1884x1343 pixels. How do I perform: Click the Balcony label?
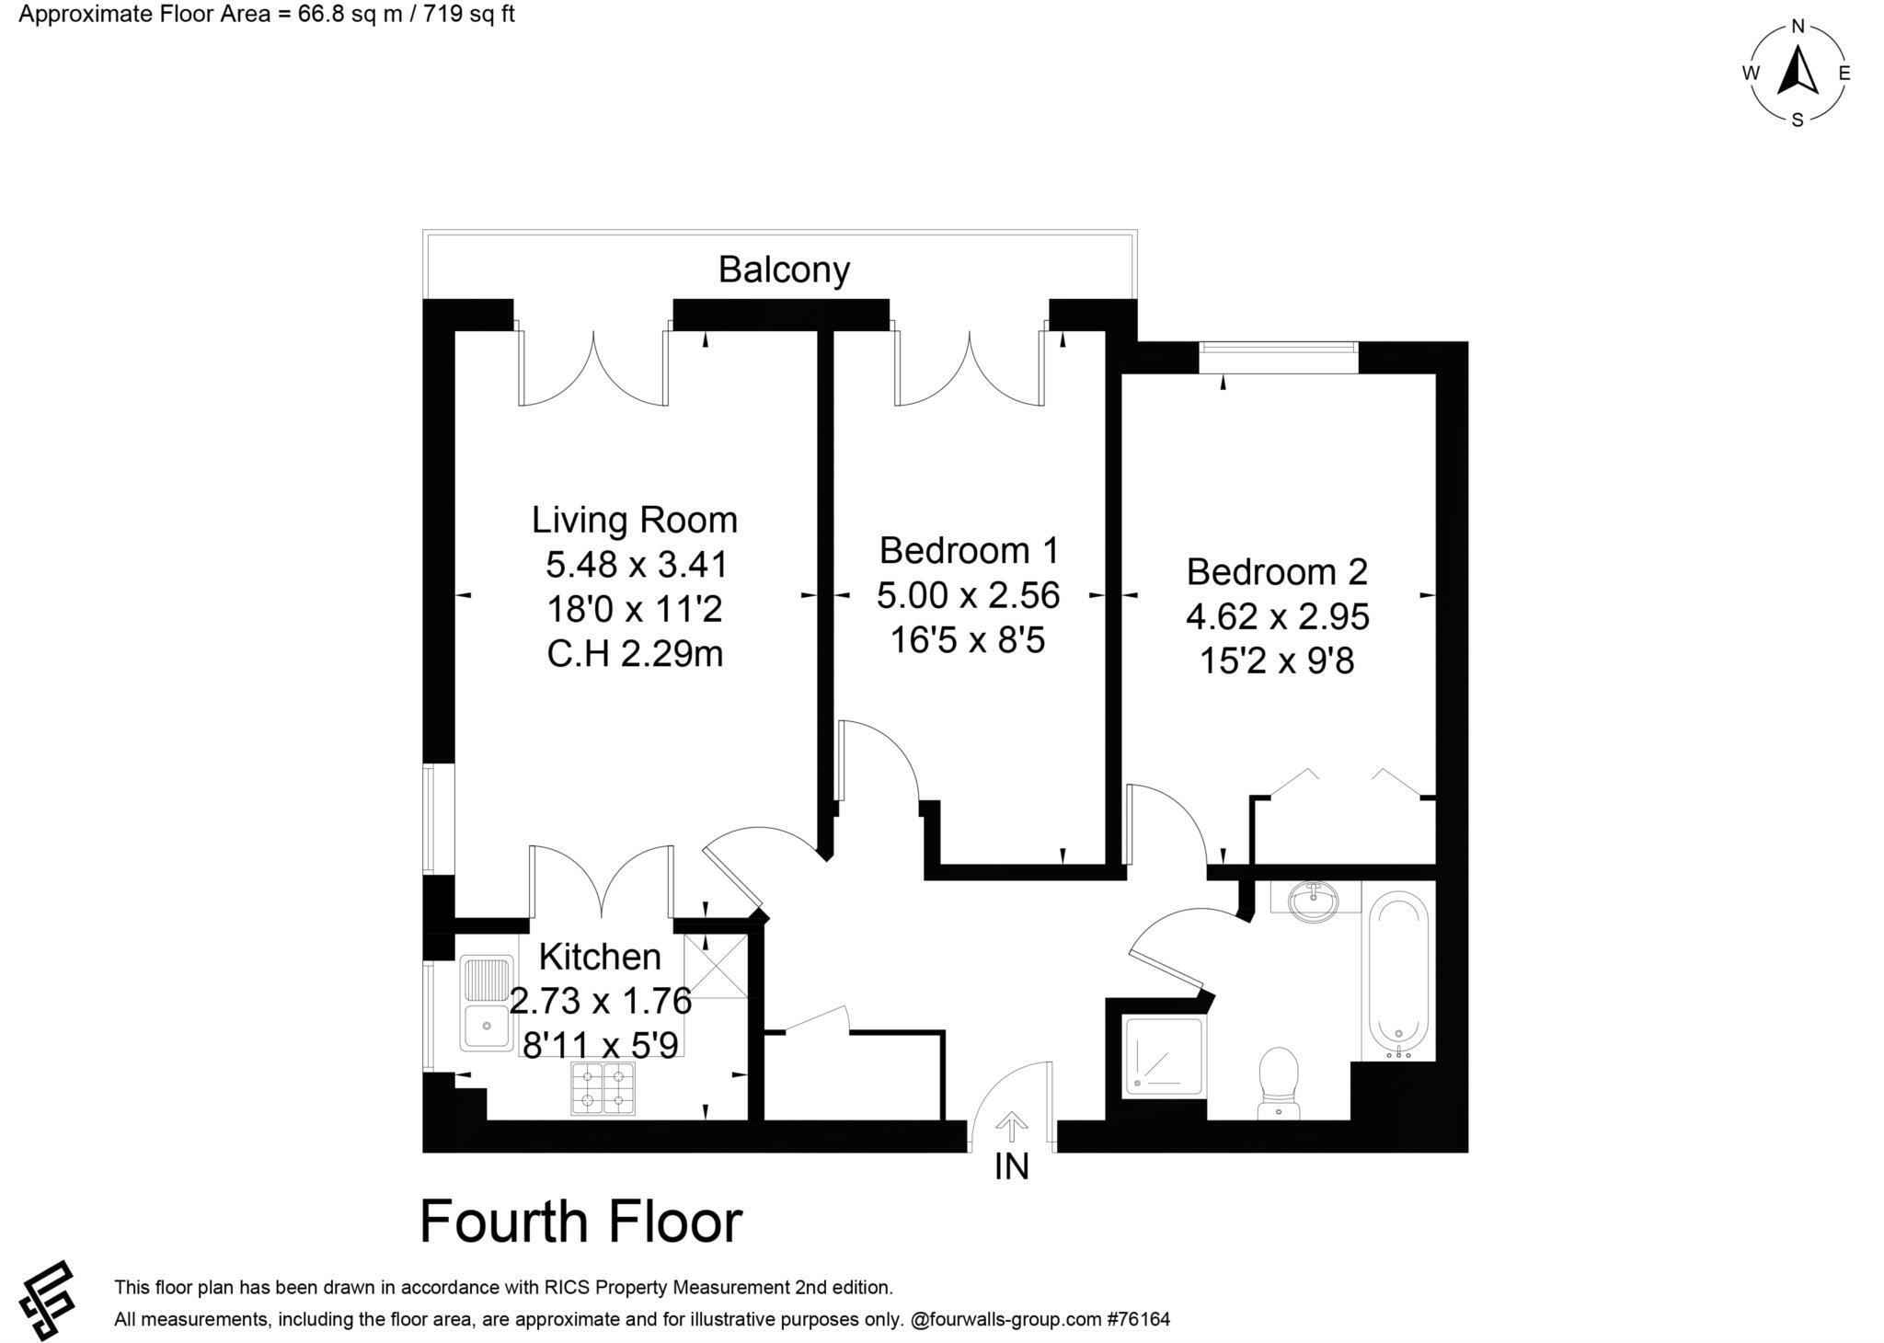pyautogui.click(x=784, y=270)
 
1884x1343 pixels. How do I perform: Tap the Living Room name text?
pyautogui.click(x=634, y=520)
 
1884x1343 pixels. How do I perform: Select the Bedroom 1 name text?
pyautogui.click(x=969, y=550)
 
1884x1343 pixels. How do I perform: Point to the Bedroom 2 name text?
pyautogui.click(x=1277, y=571)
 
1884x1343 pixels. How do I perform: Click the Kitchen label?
pyautogui.click(x=600, y=957)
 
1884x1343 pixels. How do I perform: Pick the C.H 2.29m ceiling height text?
pyautogui.click(x=635, y=654)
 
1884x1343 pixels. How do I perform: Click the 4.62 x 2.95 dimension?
pyautogui.click(x=1277, y=615)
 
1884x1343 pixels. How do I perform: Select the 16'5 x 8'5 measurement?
pyautogui.click(x=968, y=639)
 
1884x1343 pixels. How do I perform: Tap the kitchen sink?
pyautogui.click(x=488, y=1004)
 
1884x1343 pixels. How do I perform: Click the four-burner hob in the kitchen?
pyautogui.click(x=603, y=1087)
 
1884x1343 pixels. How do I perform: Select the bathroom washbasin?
pyautogui.click(x=1315, y=901)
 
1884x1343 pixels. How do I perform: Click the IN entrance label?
pyautogui.click(x=1011, y=1167)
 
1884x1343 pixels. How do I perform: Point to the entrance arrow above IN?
pyautogui.click(x=1011, y=1126)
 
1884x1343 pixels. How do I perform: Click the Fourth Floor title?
pyautogui.click(x=580, y=1222)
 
